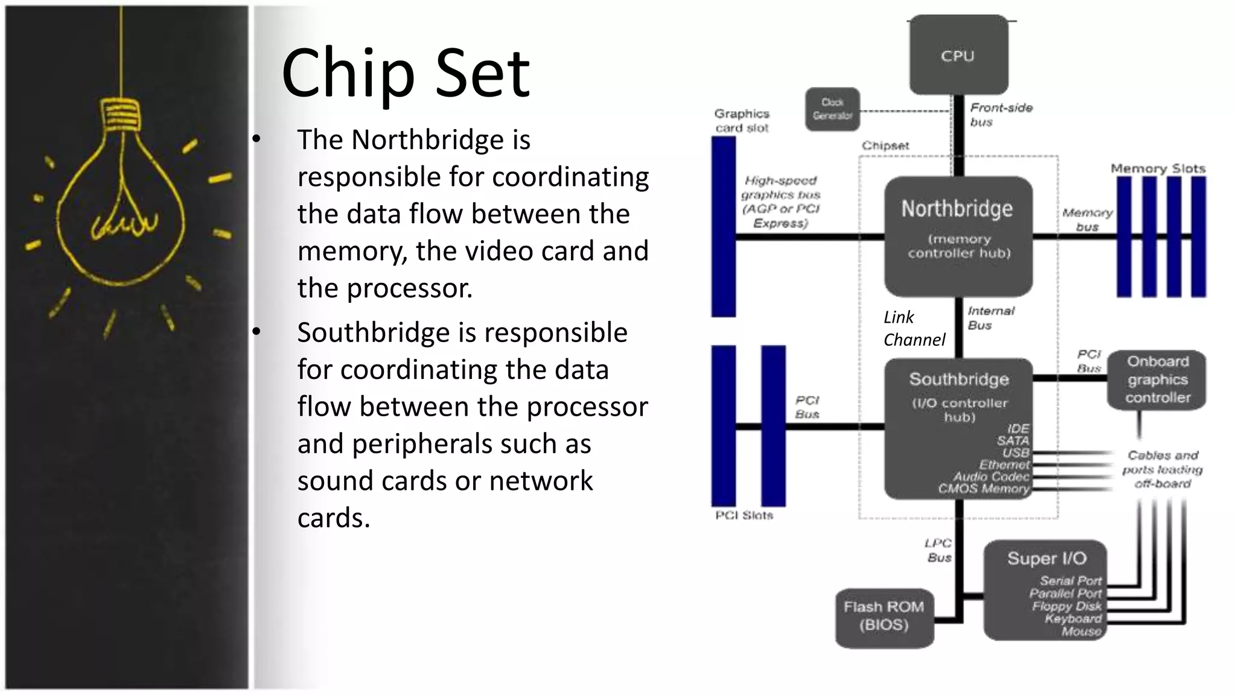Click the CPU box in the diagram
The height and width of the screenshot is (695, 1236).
[x=958, y=56]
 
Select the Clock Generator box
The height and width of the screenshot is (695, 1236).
[x=832, y=109]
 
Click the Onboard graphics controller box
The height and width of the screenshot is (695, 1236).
[x=1157, y=379]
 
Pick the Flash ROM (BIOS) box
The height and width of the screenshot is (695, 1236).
[x=884, y=617]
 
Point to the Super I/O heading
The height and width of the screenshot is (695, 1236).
[x=1046, y=559]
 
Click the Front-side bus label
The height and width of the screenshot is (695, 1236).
[x=1001, y=115]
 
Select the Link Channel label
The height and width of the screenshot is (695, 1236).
[x=913, y=329]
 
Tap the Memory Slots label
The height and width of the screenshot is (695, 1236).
[x=1158, y=168]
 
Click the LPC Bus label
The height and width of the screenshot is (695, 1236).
[x=938, y=550]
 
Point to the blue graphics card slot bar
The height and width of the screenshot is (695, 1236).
[x=724, y=226]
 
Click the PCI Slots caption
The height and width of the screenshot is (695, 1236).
[x=744, y=515]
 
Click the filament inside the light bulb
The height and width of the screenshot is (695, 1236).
[x=124, y=223]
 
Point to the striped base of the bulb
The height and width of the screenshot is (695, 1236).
[x=120, y=115]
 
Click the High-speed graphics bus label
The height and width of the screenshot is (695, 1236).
[x=780, y=202]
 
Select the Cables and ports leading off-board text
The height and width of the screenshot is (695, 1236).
[x=1162, y=469]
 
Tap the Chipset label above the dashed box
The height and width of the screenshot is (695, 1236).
[x=885, y=145]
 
